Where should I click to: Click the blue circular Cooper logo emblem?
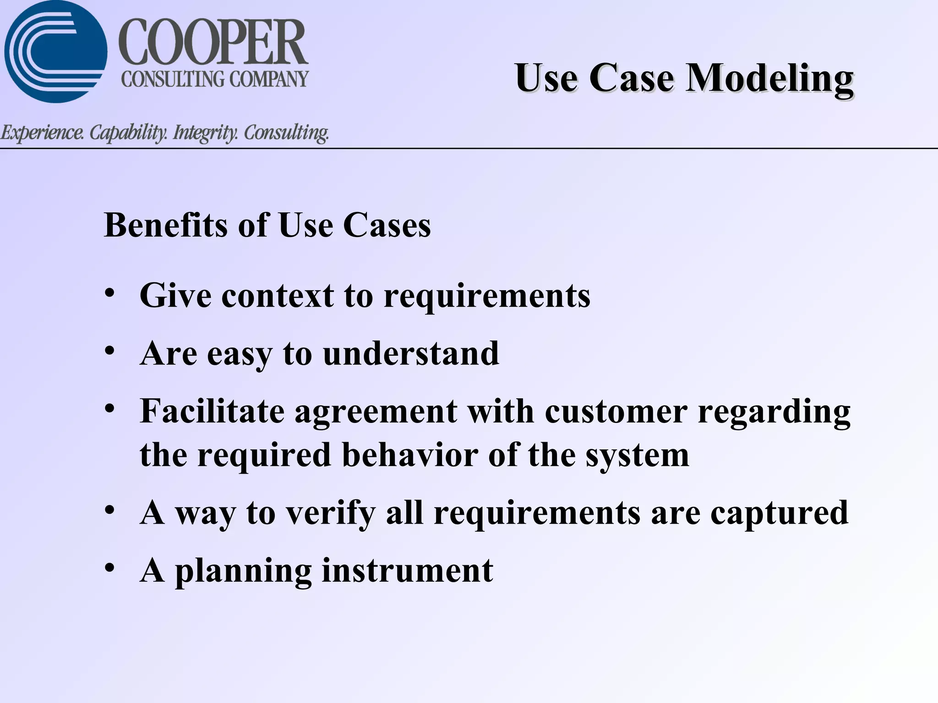(55, 51)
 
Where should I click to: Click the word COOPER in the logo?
(213, 42)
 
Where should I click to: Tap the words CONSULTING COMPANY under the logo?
(214, 79)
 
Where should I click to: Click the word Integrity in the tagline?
(205, 133)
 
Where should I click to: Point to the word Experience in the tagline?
(42, 133)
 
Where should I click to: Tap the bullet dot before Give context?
(109, 293)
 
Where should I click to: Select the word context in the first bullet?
(278, 296)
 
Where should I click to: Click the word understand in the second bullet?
(411, 354)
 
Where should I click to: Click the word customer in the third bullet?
(616, 411)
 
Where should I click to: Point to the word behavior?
(410, 455)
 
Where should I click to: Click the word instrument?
(407, 571)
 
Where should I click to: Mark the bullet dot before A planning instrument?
(109, 568)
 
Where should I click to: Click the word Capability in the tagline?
(128, 133)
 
